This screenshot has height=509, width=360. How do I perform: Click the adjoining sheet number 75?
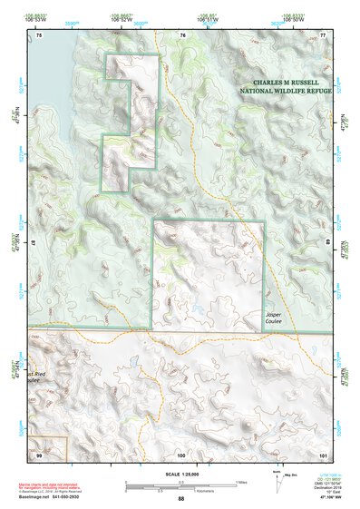pyautogui.click(x=39, y=34)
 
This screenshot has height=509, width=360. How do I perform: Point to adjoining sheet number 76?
pyautogui.click(x=182, y=34)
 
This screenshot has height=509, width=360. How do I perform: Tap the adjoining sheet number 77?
pyautogui.click(x=323, y=34)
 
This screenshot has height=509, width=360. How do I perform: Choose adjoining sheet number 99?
pyautogui.click(x=39, y=454)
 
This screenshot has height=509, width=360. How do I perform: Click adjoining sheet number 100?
pyautogui.click(x=181, y=454)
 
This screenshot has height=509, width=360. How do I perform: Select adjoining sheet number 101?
pyautogui.click(x=322, y=454)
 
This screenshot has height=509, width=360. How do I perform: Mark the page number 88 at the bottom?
pyautogui.click(x=181, y=499)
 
